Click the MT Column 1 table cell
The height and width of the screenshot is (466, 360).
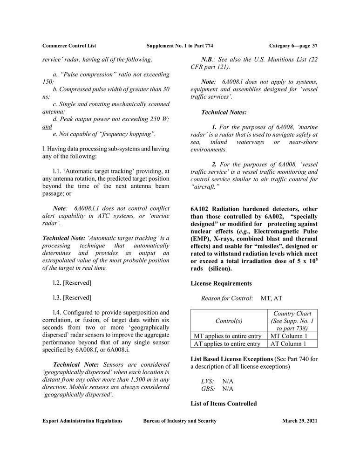(x=289, y=336)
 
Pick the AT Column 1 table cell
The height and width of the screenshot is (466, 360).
(x=288, y=344)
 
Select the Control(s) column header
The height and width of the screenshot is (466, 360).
(x=228, y=321)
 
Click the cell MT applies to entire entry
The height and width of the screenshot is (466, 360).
(x=227, y=336)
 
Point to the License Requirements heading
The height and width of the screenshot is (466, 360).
(x=221, y=283)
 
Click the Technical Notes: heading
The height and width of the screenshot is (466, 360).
(x=224, y=112)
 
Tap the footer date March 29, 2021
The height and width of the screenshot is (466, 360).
(x=299, y=421)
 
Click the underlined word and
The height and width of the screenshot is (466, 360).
(x=47, y=126)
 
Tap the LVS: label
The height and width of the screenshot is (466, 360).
(x=208, y=381)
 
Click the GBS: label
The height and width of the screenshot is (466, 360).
(x=208, y=389)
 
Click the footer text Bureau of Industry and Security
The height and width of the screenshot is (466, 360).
(x=180, y=421)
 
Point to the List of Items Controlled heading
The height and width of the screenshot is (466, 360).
(x=224, y=404)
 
